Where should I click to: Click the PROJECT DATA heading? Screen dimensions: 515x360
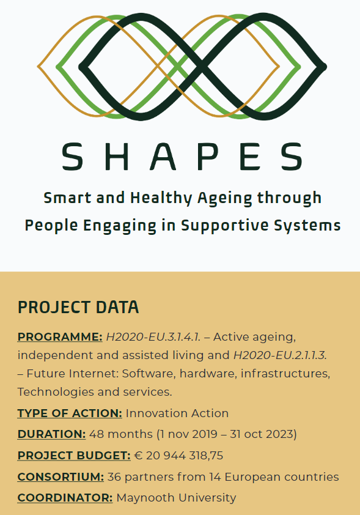78,307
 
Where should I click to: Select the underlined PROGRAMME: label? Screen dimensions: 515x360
60,337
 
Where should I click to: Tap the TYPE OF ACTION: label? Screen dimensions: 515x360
70,413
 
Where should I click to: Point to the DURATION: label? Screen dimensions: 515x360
51,434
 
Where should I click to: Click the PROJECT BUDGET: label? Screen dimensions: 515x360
74,456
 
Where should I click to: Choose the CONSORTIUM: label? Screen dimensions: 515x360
61,476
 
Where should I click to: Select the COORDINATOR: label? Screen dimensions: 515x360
65,498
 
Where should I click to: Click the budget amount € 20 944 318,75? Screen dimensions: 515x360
178,456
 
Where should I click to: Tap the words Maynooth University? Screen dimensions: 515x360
176,498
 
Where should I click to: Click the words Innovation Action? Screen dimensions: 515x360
177,413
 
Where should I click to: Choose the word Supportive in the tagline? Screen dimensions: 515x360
227,225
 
